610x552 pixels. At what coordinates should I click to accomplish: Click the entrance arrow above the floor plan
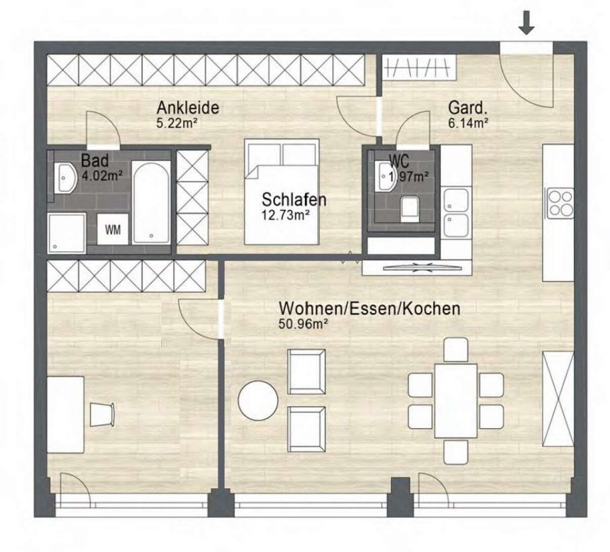point(527,22)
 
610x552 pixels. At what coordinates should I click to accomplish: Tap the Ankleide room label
point(188,107)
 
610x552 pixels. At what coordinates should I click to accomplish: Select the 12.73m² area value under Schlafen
point(285,215)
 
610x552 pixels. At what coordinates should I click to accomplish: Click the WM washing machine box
point(113,230)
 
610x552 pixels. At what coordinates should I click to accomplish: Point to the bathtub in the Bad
point(151,203)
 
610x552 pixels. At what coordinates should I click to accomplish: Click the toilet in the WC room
point(409,209)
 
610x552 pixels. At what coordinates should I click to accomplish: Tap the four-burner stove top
point(561,203)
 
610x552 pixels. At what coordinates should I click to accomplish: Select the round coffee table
point(258,400)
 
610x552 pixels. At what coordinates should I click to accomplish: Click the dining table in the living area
point(455,400)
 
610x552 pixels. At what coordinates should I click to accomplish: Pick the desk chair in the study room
point(102,415)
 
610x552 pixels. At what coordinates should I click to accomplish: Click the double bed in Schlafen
point(282,192)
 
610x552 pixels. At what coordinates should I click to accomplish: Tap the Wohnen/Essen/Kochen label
point(369,308)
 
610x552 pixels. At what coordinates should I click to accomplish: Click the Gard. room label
point(467,108)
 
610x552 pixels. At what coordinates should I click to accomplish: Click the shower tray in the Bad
point(66,233)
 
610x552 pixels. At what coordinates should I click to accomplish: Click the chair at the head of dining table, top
point(455,349)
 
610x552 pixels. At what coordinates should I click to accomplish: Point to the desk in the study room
point(65,415)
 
